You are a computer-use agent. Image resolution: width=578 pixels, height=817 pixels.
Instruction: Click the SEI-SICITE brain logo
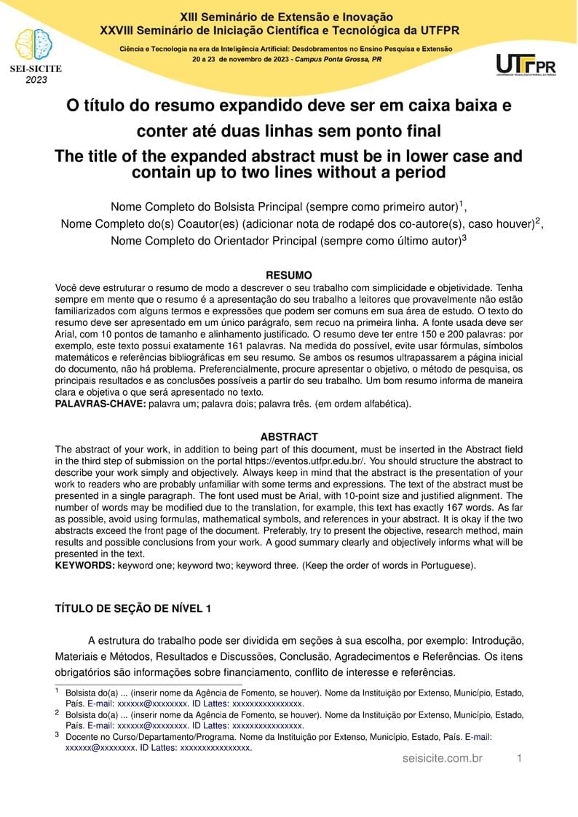click(x=35, y=45)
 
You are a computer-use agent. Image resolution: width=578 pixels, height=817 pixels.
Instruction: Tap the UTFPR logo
click(x=526, y=64)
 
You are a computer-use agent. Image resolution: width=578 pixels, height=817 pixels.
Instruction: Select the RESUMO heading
click(x=289, y=275)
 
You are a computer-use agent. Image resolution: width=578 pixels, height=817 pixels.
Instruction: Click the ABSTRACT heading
click(x=289, y=437)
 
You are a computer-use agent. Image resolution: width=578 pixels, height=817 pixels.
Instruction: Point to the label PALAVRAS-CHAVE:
click(x=100, y=403)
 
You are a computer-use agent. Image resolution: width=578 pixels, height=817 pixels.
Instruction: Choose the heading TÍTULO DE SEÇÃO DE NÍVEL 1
click(x=133, y=608)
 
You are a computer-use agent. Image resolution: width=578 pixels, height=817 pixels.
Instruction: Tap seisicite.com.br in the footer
click(x=443, y=759)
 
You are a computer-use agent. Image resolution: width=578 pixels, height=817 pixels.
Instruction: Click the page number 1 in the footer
click(x=520, y=759)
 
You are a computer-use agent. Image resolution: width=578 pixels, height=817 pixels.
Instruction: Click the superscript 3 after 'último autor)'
click(x=464, y=236)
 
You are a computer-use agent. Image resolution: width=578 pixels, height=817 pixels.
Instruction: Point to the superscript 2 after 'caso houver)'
click(x=538, y=220)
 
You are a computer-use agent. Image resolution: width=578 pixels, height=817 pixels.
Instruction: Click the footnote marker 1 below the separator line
click(x=58, y=690)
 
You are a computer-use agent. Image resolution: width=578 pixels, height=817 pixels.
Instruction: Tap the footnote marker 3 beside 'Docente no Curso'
click(x=58, y=734)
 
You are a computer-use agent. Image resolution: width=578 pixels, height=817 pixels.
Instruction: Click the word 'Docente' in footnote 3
click(x=82, y=736)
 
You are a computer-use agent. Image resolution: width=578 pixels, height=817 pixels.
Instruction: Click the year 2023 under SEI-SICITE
click(x=36, y=80)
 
